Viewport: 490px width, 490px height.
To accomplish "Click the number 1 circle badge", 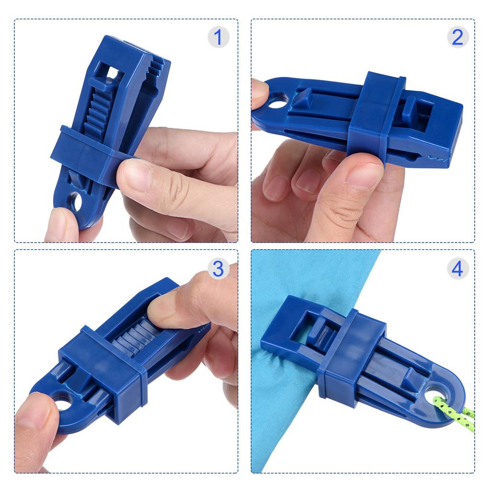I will pos(218,37).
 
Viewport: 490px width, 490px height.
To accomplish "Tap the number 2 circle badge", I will pos(457,37).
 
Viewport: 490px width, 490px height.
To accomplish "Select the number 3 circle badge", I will pos(218,268).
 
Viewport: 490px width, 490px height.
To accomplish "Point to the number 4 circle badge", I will pos(457,268).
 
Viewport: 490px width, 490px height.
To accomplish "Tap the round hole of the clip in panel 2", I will pos(278,101).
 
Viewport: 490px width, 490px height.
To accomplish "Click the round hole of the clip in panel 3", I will pos(62,402).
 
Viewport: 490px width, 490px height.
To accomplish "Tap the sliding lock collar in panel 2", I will pos(376,117).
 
